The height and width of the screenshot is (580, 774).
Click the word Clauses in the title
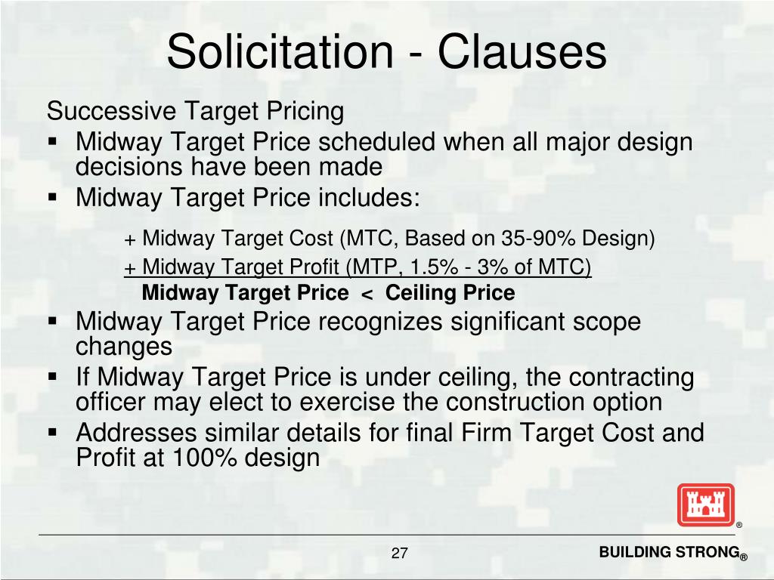coord(521,52)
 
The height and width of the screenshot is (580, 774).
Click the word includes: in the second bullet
coord(368,198)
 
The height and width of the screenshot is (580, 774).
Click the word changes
coord(124,347)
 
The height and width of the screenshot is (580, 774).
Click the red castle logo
coord(705,504)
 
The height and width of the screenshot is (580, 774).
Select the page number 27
coord(400,554)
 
